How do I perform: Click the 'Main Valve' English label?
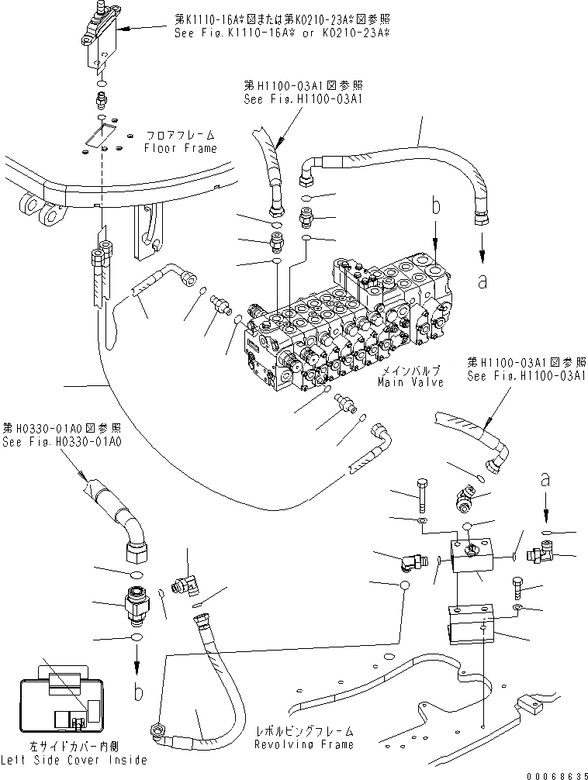[x=410, y=383]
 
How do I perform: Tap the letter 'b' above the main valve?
[x=436, y=207]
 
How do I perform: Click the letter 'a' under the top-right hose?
[x=483, y=282]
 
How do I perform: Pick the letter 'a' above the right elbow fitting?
[x=545, y=481]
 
